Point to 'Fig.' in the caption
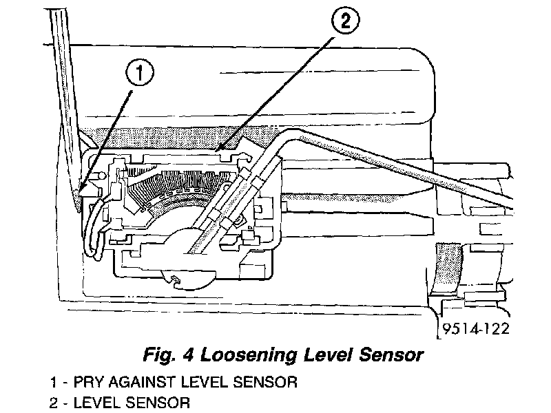(160, 356)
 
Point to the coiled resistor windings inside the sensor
(172, 189)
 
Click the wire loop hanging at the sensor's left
(94, 231)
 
